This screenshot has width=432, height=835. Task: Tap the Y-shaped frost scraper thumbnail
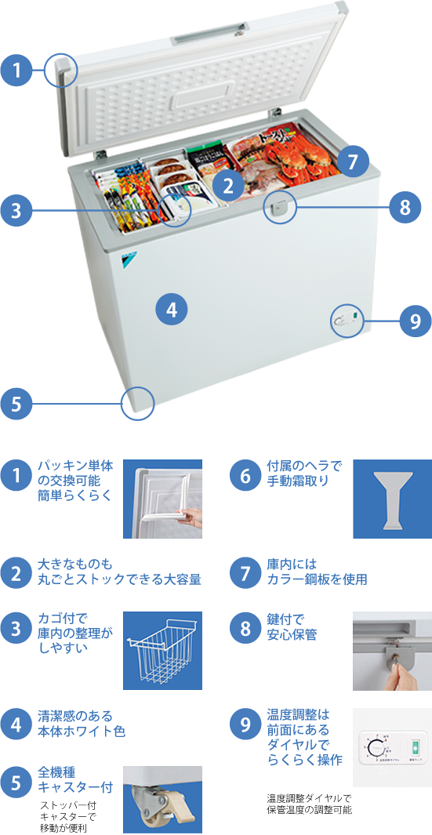coord(392,499)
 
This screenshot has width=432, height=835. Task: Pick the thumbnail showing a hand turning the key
coord(392,650)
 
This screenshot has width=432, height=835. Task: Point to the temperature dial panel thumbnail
coord(392,746)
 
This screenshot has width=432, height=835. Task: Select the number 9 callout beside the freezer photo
coord(416,321)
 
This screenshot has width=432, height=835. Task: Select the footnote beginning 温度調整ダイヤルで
coord(309,804)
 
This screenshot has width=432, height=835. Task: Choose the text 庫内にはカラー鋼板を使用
coord(317,572)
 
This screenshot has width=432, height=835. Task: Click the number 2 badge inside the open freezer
coord(228,186)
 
